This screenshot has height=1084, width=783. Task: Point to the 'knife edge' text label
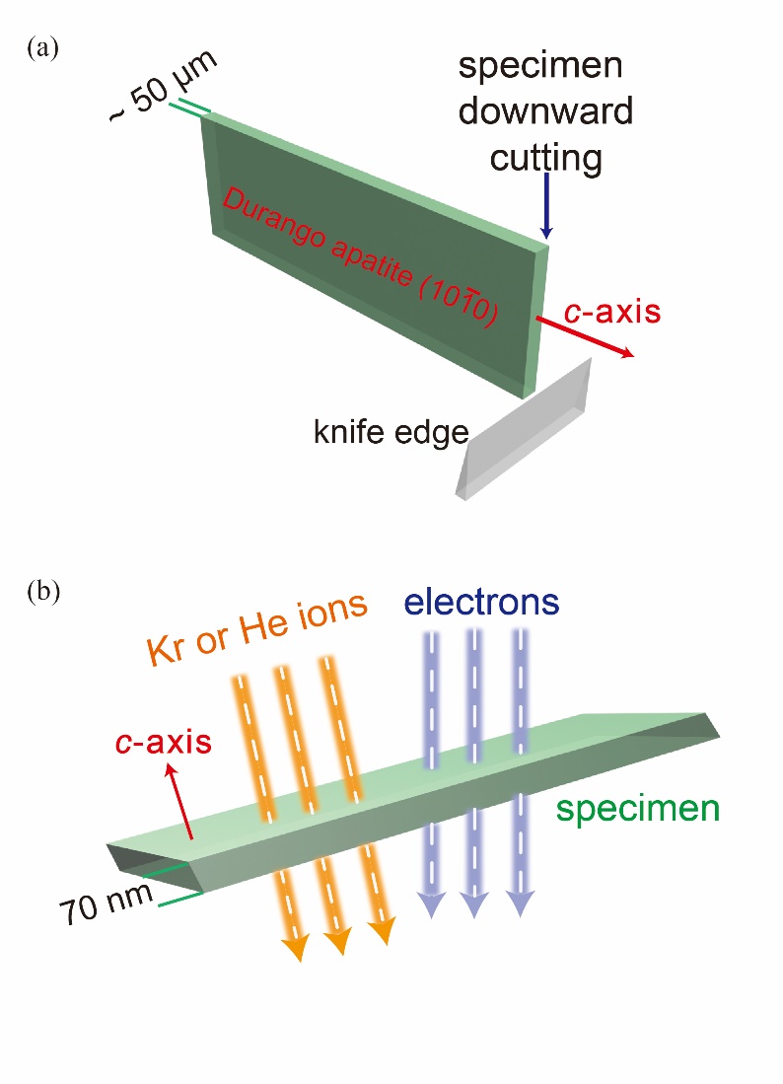(x=389, y=432)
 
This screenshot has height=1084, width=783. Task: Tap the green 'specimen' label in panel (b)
(x=637, y=809)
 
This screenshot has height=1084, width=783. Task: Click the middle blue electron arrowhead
(x=475, y=904)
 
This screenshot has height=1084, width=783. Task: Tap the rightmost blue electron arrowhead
(x=522, y=904)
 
